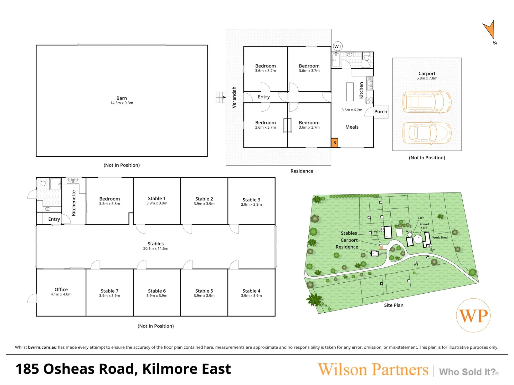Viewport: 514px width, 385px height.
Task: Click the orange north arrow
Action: [490, 30]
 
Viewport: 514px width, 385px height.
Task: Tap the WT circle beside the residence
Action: [338, 46]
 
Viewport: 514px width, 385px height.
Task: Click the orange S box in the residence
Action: [334, 142]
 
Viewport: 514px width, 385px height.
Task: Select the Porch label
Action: [381, 112]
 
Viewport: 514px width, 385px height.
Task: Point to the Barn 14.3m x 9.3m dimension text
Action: [122, 103]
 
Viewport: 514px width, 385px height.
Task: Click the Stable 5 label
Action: [204, 291]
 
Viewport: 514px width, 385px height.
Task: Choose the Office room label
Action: [61, 289]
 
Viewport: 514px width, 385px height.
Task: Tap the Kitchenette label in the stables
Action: [74, 203]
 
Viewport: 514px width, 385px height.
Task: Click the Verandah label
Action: [234, 97]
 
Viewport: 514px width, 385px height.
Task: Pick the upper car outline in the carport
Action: [427, 102]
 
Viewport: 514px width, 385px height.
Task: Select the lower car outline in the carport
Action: [427, 133]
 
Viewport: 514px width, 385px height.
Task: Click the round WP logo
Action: [473, 315]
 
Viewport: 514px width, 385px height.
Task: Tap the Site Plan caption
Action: [394, 305]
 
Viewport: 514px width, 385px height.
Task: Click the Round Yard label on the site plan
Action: [424, 226]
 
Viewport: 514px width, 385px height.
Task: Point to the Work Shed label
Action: [440, 237]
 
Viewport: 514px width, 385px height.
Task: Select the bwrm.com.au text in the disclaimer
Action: [42, 347]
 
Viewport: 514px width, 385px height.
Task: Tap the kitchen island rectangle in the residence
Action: [350, 92]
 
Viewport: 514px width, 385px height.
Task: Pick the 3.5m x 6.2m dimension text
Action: [352, 110]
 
